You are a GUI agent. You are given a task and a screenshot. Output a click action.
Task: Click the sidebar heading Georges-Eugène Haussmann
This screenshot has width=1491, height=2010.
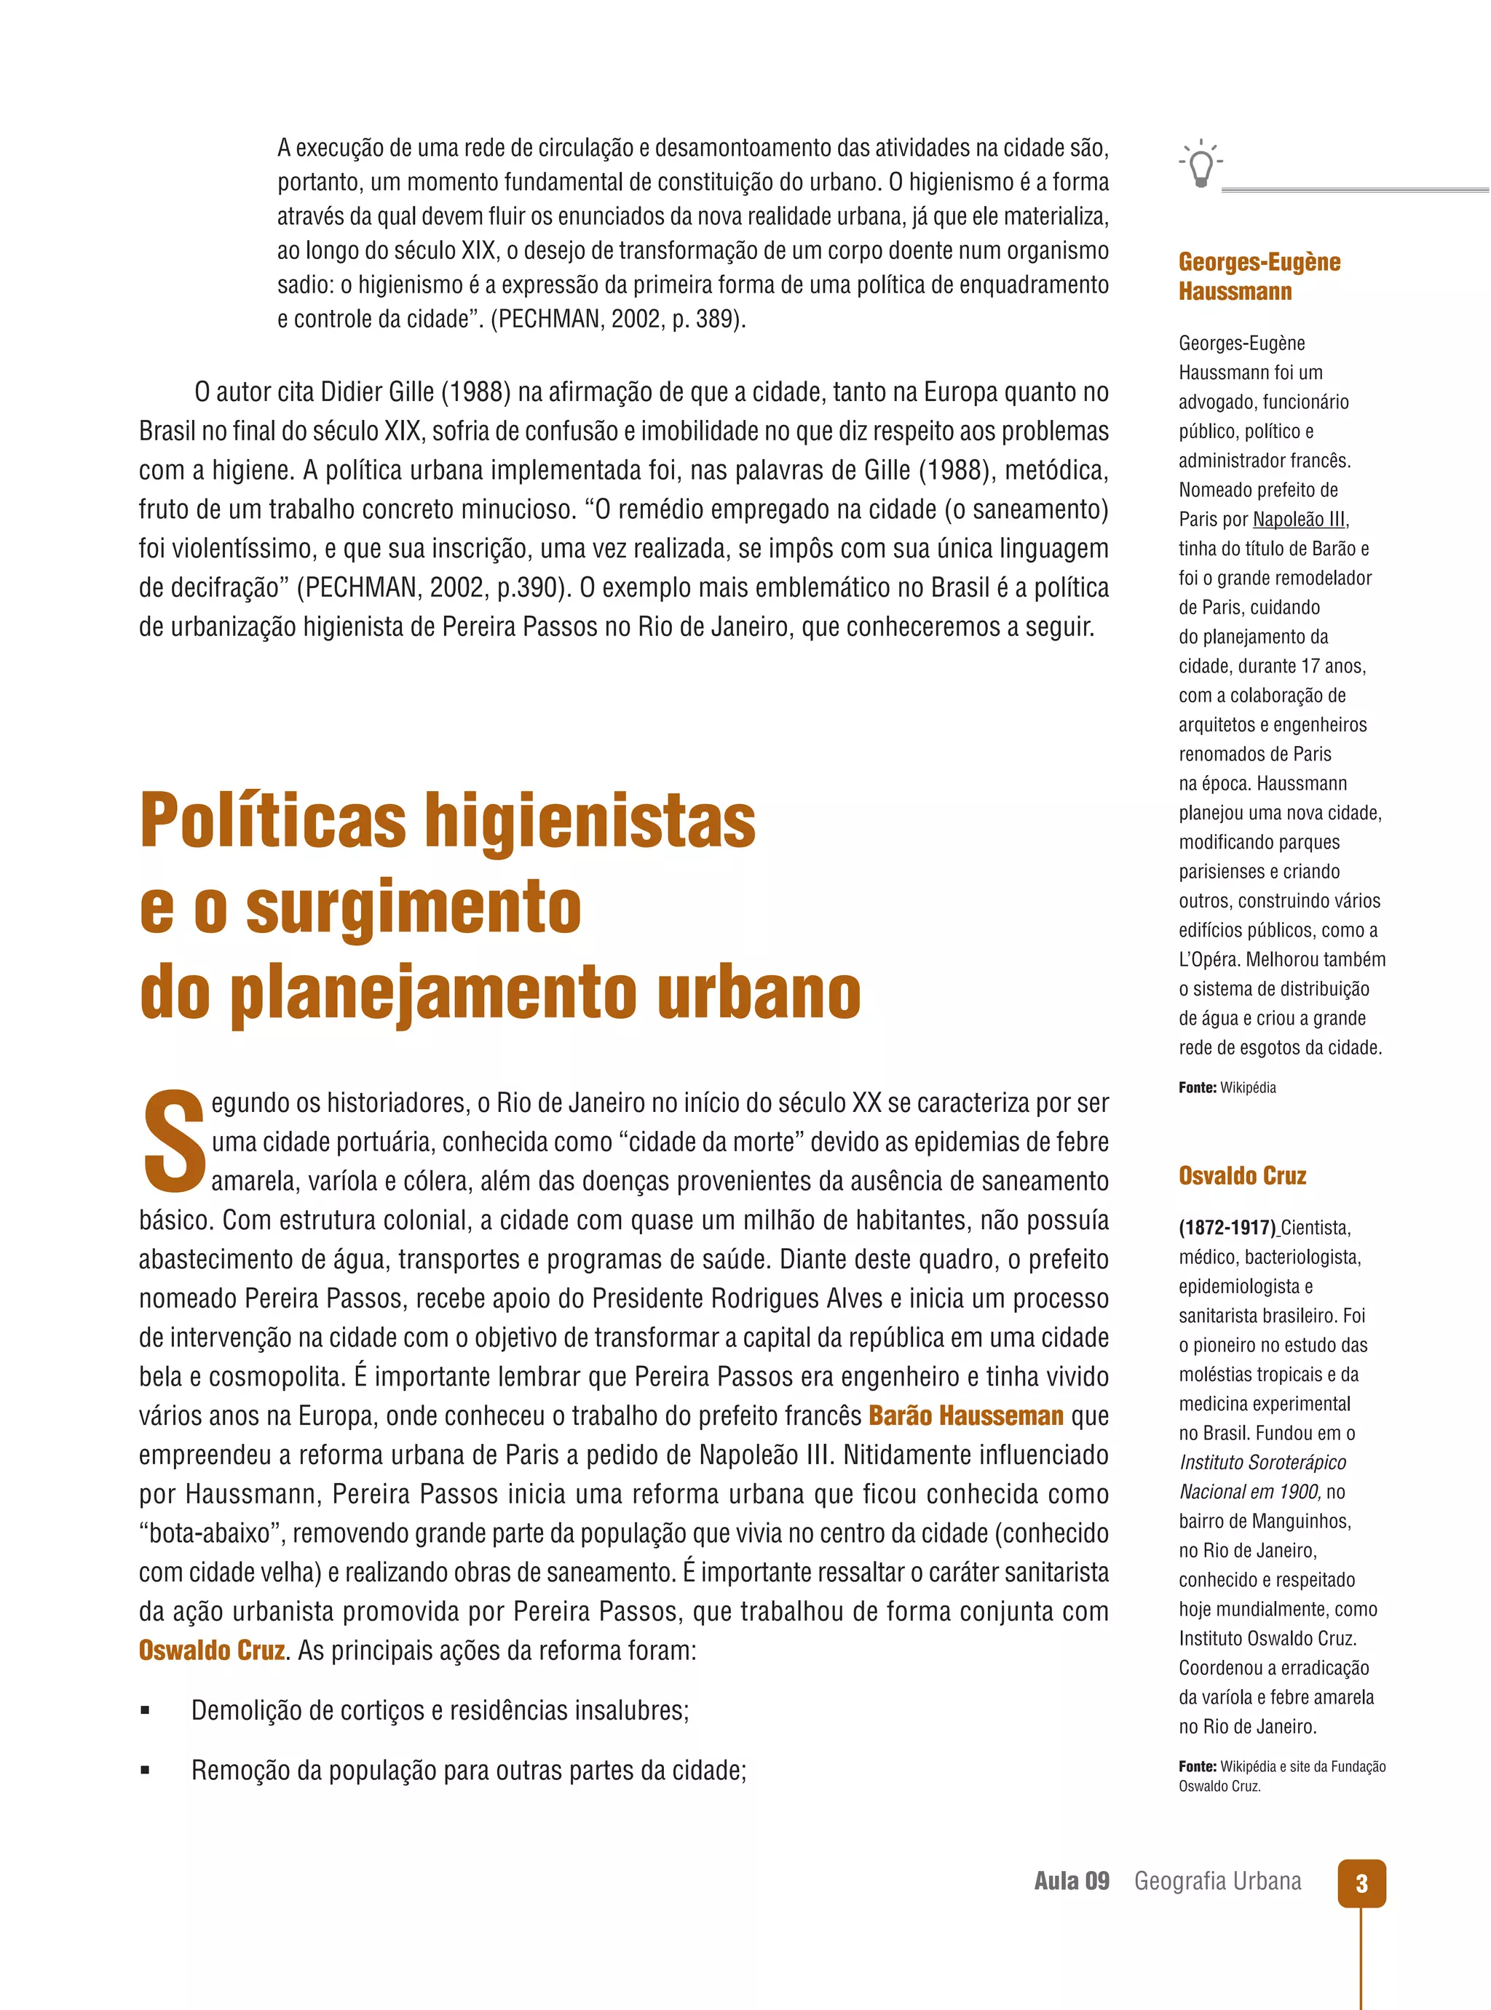(x=1258, y=276)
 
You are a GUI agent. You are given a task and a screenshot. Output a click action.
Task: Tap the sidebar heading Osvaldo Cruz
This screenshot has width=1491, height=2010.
(x=1242, y=1175)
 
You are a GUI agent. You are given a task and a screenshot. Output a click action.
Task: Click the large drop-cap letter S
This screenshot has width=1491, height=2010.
(x=173, y=1140)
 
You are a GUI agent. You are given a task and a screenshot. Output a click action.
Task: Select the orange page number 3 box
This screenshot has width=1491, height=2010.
(x=1361, y=1883)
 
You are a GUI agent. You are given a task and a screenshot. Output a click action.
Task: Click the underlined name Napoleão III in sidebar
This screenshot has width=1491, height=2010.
(x=1299, y=520)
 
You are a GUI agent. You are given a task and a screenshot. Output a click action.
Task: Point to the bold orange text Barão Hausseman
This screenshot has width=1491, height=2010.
(x=965, y=1415)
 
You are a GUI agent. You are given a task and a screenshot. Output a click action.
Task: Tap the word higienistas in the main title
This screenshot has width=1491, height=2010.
(x=590, y=820)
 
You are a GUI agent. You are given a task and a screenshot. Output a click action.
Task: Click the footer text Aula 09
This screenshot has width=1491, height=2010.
(x=1072, y=1881)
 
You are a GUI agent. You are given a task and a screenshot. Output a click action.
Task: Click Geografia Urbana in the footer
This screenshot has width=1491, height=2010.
(x=1217, y=1881)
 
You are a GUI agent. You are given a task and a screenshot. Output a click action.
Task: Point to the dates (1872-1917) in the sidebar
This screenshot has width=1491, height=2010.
(x=1227, y=1228)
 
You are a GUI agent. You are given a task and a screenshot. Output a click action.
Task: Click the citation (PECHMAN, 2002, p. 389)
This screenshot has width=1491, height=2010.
(x=617, y=319)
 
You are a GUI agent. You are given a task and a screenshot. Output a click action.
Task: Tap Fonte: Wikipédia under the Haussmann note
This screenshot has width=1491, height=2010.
(x=1227, y=1087)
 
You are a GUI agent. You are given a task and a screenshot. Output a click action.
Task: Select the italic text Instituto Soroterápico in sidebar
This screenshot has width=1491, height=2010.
(x=1262, y=1463)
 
